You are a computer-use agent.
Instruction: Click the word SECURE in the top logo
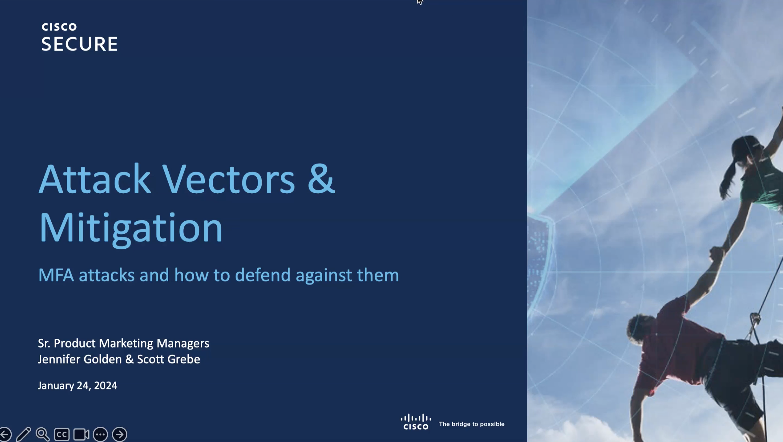79,44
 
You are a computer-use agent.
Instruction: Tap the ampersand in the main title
321,179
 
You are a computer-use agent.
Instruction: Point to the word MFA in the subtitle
56,275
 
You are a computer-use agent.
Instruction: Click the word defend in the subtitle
263,275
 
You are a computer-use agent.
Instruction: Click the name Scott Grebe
169,359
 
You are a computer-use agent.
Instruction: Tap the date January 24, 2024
77,385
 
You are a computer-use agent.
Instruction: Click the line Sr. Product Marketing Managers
123,343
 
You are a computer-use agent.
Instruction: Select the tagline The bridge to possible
472,424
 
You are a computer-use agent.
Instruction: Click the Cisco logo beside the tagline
416,422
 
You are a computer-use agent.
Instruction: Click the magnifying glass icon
42,434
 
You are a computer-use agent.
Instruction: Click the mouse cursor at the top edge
420,2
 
